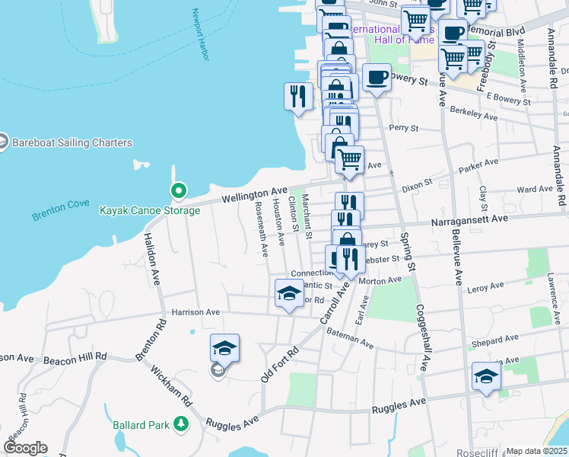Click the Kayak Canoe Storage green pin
click(178, 190)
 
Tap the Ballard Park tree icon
click(181, 423)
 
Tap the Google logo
click(25, 448)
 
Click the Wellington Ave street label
click(255, 194)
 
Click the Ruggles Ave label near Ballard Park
click(232, 423)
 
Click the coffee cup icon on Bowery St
click(377, 77)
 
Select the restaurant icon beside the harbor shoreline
click(297, 96)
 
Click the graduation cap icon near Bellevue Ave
click(486, 376)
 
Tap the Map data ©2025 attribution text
click(536, 451)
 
